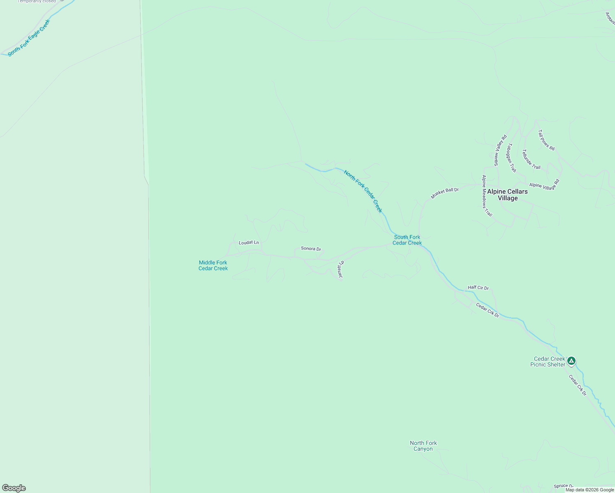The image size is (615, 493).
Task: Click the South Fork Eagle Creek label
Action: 29,38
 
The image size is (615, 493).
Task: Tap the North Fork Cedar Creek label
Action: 363,191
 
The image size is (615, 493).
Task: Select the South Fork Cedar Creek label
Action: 407,240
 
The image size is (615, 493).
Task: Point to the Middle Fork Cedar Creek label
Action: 213,265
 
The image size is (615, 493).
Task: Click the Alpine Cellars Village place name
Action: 507,195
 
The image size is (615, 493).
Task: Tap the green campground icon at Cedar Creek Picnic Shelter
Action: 571,361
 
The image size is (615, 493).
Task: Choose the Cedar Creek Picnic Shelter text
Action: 548,362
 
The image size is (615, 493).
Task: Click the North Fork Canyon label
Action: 423,446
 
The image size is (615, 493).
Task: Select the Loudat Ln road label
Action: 249,242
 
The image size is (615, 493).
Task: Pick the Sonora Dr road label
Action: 311,249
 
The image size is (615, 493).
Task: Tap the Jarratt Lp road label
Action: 340,270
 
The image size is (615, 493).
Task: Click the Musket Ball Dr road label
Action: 444,193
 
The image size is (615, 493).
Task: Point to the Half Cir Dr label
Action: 478,288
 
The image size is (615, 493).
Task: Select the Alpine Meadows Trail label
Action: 487,196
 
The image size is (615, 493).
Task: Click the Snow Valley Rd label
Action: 500,150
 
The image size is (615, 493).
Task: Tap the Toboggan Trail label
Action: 511,157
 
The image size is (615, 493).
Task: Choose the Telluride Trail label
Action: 531,159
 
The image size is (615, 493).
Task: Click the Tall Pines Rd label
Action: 546,140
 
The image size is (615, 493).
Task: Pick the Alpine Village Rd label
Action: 544,185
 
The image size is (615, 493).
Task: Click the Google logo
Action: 14,488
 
